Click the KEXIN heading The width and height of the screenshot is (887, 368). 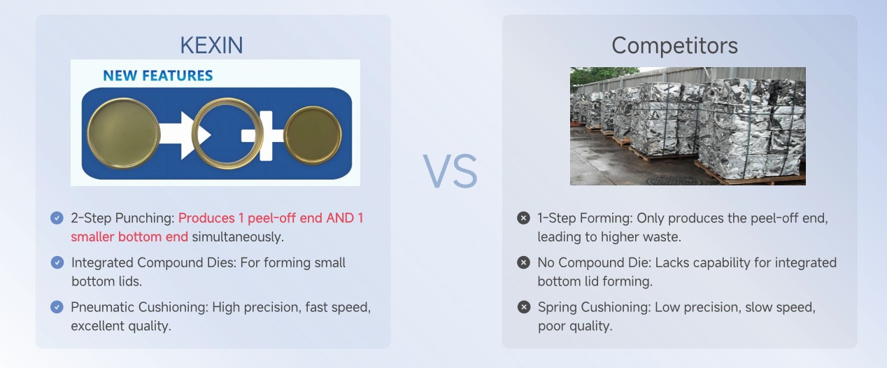pyautogui.click(x=211, y=45)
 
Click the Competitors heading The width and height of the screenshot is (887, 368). pyautogui.click(x=674, y=45)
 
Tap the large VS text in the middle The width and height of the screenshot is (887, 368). pyautogui.click(x=450, y=171)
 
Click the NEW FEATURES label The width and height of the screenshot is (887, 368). pyautogui.click(x=157, y=76)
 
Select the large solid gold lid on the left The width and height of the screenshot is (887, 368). pyautogui.click(x=123, y=133)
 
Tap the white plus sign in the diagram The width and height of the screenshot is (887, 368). pyautogui.click(x=262, y=136)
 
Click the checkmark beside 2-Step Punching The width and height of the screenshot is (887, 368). pyautogui.click(x=57, y=218)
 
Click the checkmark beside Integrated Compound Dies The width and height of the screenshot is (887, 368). pyautogui.click(x=57, y=262)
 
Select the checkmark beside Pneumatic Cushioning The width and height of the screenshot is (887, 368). pyautogui.click(x=57, y=307)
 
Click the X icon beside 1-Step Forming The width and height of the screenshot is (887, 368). pyautogui.click(x=523, y=218)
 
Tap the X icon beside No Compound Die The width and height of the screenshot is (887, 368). pyautogui.click(x=523, y=262)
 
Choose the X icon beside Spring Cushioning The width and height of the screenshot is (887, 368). pyautogui.click(x=523, y=307)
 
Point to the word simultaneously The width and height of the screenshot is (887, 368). pyautogui.click(x=238, y=237)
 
